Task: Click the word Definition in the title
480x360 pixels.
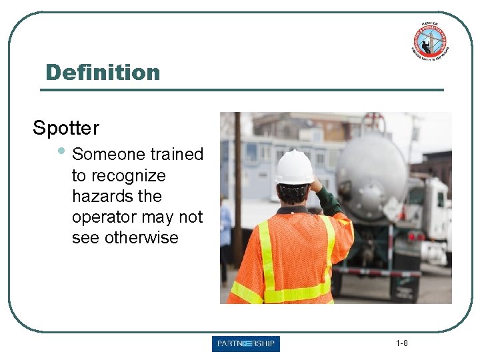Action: click(103, 72)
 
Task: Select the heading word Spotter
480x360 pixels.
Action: click(66, 128)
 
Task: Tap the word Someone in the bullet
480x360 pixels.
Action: click(109, 154)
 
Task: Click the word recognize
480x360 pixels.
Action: click(119, 175)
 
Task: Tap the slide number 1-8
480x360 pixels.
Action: click(401, 343)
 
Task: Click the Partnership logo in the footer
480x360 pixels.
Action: click(246, 344)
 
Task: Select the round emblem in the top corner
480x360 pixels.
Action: click(430, 41)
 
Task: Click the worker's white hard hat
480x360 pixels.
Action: click(294, 167)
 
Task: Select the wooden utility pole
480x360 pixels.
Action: click(237, 187)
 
